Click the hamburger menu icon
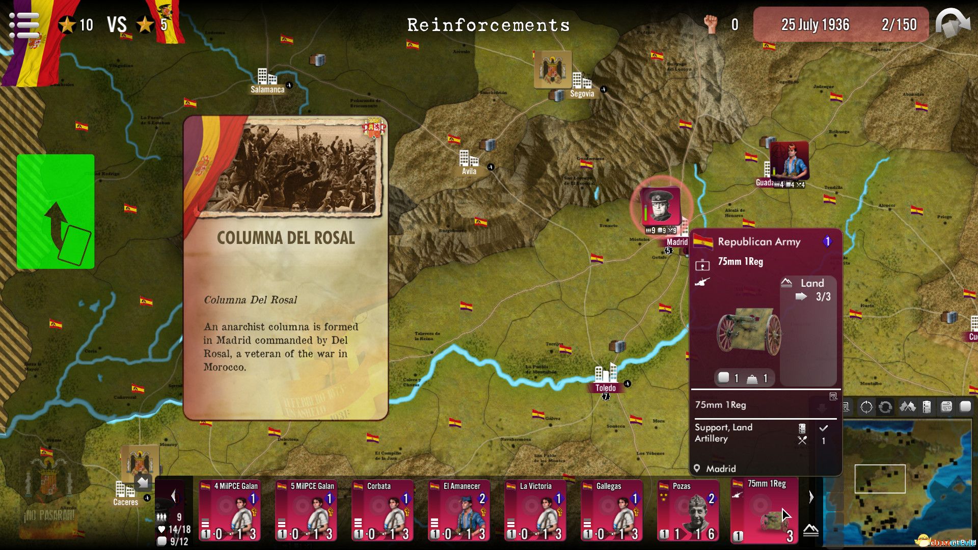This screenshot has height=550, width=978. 24,24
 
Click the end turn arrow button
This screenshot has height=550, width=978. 953,24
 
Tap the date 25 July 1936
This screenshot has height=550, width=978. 815,24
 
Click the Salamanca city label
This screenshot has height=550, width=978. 267,90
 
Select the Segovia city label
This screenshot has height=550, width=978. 582,94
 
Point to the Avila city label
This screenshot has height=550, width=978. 469,171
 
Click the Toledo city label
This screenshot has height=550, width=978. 605,388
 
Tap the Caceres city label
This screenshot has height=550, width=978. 125,502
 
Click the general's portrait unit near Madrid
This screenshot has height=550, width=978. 661,206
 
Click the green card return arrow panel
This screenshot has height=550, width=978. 56,211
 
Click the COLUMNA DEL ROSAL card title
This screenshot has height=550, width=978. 286,238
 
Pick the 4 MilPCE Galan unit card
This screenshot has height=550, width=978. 229,510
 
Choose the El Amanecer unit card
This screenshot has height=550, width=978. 458,510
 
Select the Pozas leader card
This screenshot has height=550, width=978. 688,510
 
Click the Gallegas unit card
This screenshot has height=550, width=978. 611,510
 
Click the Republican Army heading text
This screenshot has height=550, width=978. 759,242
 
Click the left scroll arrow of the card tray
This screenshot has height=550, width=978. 174,496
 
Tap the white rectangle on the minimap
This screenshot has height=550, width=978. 880,479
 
